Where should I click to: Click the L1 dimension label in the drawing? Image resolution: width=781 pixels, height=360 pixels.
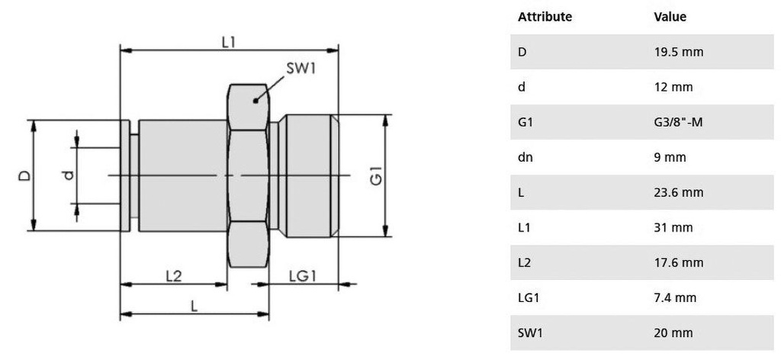coord(228,42)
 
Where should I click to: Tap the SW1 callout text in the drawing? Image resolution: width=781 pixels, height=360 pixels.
coord(301,69)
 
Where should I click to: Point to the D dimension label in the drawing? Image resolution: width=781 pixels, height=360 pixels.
coord(25,175)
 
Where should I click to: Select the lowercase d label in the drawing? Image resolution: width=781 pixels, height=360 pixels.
coord(69,176)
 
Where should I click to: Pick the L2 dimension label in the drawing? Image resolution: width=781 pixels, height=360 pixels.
coord(173,276)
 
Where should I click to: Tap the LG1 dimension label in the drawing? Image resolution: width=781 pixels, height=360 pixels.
coord(303,276)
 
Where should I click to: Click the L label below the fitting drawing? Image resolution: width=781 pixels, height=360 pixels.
coord(194,305)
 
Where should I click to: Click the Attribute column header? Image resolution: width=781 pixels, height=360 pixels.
coord(545,17)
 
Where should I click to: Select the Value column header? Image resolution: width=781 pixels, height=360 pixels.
coord(670,17)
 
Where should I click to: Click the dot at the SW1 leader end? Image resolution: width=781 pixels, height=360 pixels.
coord(256,98)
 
